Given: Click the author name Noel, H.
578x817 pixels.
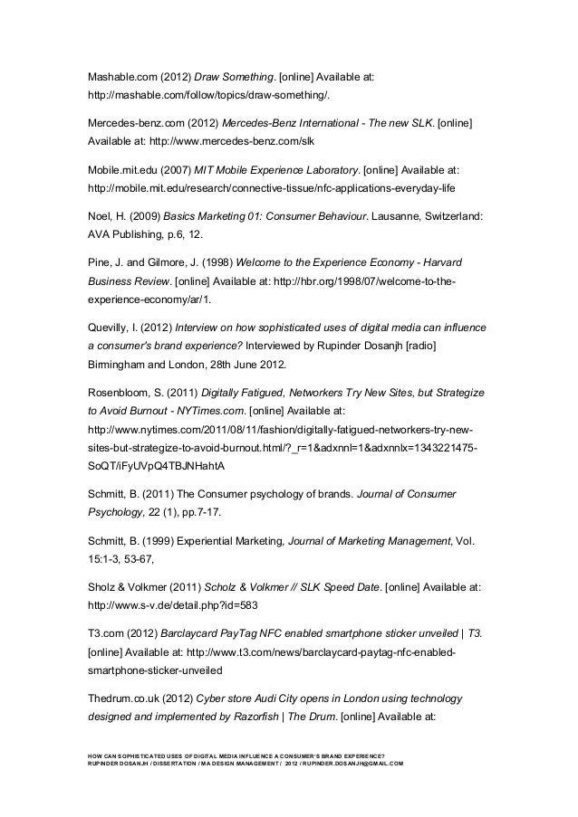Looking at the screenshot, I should click(105, 217).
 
